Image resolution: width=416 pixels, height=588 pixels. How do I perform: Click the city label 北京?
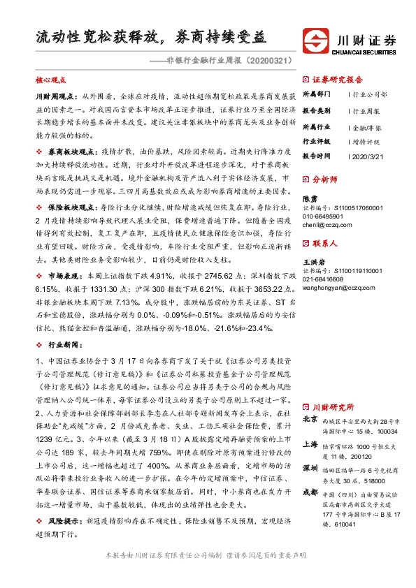[x=311, y=420]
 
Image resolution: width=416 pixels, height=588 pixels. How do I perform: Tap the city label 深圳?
[x=311, y=466]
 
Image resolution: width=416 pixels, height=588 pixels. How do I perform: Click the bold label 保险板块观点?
[x=66, y=207]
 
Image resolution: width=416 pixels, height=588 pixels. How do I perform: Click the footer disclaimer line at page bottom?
[x=205, y=574]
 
